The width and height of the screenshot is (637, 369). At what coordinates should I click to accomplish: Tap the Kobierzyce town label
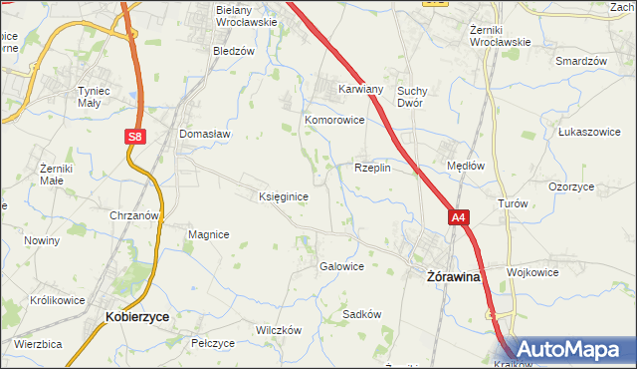coord(136,316)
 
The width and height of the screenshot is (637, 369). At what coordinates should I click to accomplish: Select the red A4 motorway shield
coord(457,216)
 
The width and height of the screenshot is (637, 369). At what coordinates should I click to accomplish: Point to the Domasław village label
coord(204,134)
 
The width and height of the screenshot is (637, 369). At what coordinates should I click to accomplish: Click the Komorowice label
coord(334,120)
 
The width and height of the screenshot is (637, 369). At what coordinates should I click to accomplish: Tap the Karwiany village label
coord(360,88)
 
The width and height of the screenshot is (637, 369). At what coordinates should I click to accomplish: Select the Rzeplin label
coord(372,169)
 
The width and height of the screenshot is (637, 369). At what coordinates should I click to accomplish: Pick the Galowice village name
coord(340,266)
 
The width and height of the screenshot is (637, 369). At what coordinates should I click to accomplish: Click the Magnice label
coord(209,234)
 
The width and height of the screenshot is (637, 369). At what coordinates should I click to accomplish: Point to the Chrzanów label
coord(135,215)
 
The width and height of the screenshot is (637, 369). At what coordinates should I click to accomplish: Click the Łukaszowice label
coord(589,132)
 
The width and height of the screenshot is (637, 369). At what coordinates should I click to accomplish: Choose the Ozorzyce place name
coord(571,186)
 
